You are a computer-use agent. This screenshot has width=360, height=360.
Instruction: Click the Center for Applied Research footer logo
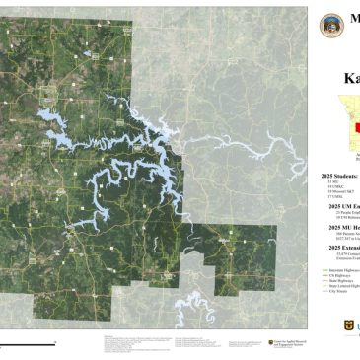tap(281, 341)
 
